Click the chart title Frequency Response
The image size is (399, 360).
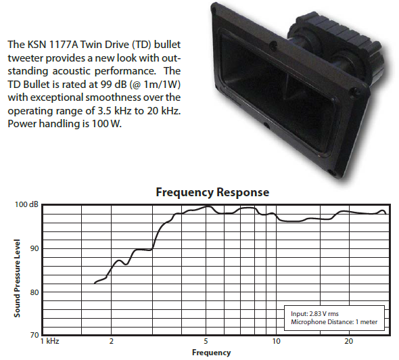[x=212, y=192]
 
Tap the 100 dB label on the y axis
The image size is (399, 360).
[x=26, y=204]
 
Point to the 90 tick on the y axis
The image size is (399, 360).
[x=34, y=248]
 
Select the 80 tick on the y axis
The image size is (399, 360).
[x=34, y=292]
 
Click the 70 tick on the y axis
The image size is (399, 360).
[x=34, y=335]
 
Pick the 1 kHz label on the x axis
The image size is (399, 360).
[x=50, y=341]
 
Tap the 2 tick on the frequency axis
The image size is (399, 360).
[x=111, y=341]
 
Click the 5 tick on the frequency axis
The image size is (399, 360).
[x=206, y=341]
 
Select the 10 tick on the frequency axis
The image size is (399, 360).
[x=276, y=341]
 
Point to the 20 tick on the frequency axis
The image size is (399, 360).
[x=348, y=341]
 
